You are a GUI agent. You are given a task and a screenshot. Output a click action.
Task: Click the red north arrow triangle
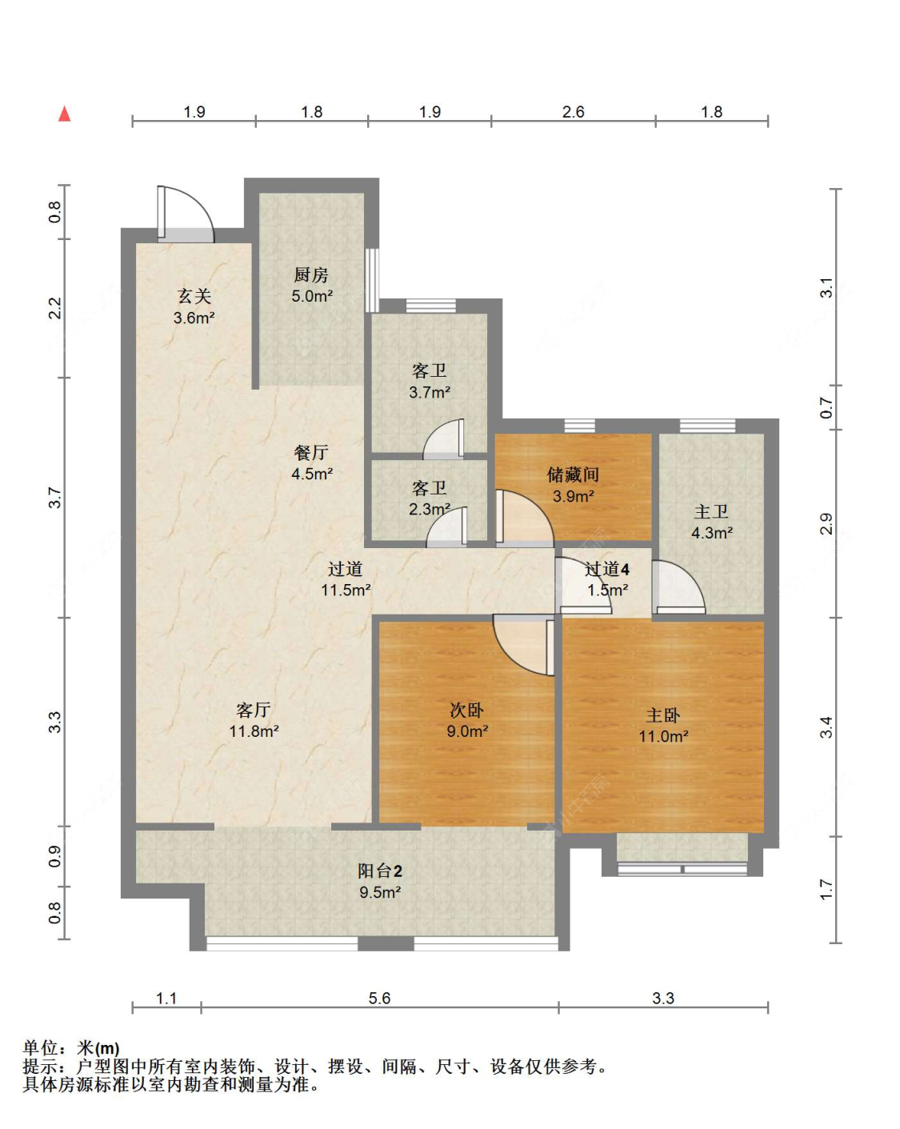tap(65, 114)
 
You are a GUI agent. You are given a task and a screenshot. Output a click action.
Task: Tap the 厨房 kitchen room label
tap(310, 274)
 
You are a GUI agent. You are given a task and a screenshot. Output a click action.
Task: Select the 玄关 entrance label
tap(194, 296)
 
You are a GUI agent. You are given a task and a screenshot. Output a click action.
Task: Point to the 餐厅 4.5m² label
tap(311, 462)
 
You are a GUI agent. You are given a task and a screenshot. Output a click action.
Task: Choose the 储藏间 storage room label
tap(573, 474)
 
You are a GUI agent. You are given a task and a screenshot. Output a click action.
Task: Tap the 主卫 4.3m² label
tap(712, 522)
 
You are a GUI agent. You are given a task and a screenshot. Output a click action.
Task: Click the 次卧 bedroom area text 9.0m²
tap(467, 731)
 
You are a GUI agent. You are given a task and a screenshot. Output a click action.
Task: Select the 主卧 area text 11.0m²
tap(663, 736)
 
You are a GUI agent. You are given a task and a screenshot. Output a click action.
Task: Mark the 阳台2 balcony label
tap(380, 871)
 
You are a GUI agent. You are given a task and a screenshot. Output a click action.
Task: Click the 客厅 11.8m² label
tap(254, 720)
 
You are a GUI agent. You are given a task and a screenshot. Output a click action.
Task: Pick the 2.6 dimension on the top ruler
tap(573, 112)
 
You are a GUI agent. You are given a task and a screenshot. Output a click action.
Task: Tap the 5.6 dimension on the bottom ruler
tap(379, 998)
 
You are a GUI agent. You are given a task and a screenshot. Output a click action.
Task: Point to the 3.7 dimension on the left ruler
tap(54, 498)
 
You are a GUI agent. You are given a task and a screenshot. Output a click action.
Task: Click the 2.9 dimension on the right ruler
tap(826, 523)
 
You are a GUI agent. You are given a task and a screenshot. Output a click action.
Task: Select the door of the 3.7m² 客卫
tap(444, 438)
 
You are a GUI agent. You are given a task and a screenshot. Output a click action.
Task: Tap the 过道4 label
tap(607, 569)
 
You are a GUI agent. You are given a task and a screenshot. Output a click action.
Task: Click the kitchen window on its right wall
tap(372, 280)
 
